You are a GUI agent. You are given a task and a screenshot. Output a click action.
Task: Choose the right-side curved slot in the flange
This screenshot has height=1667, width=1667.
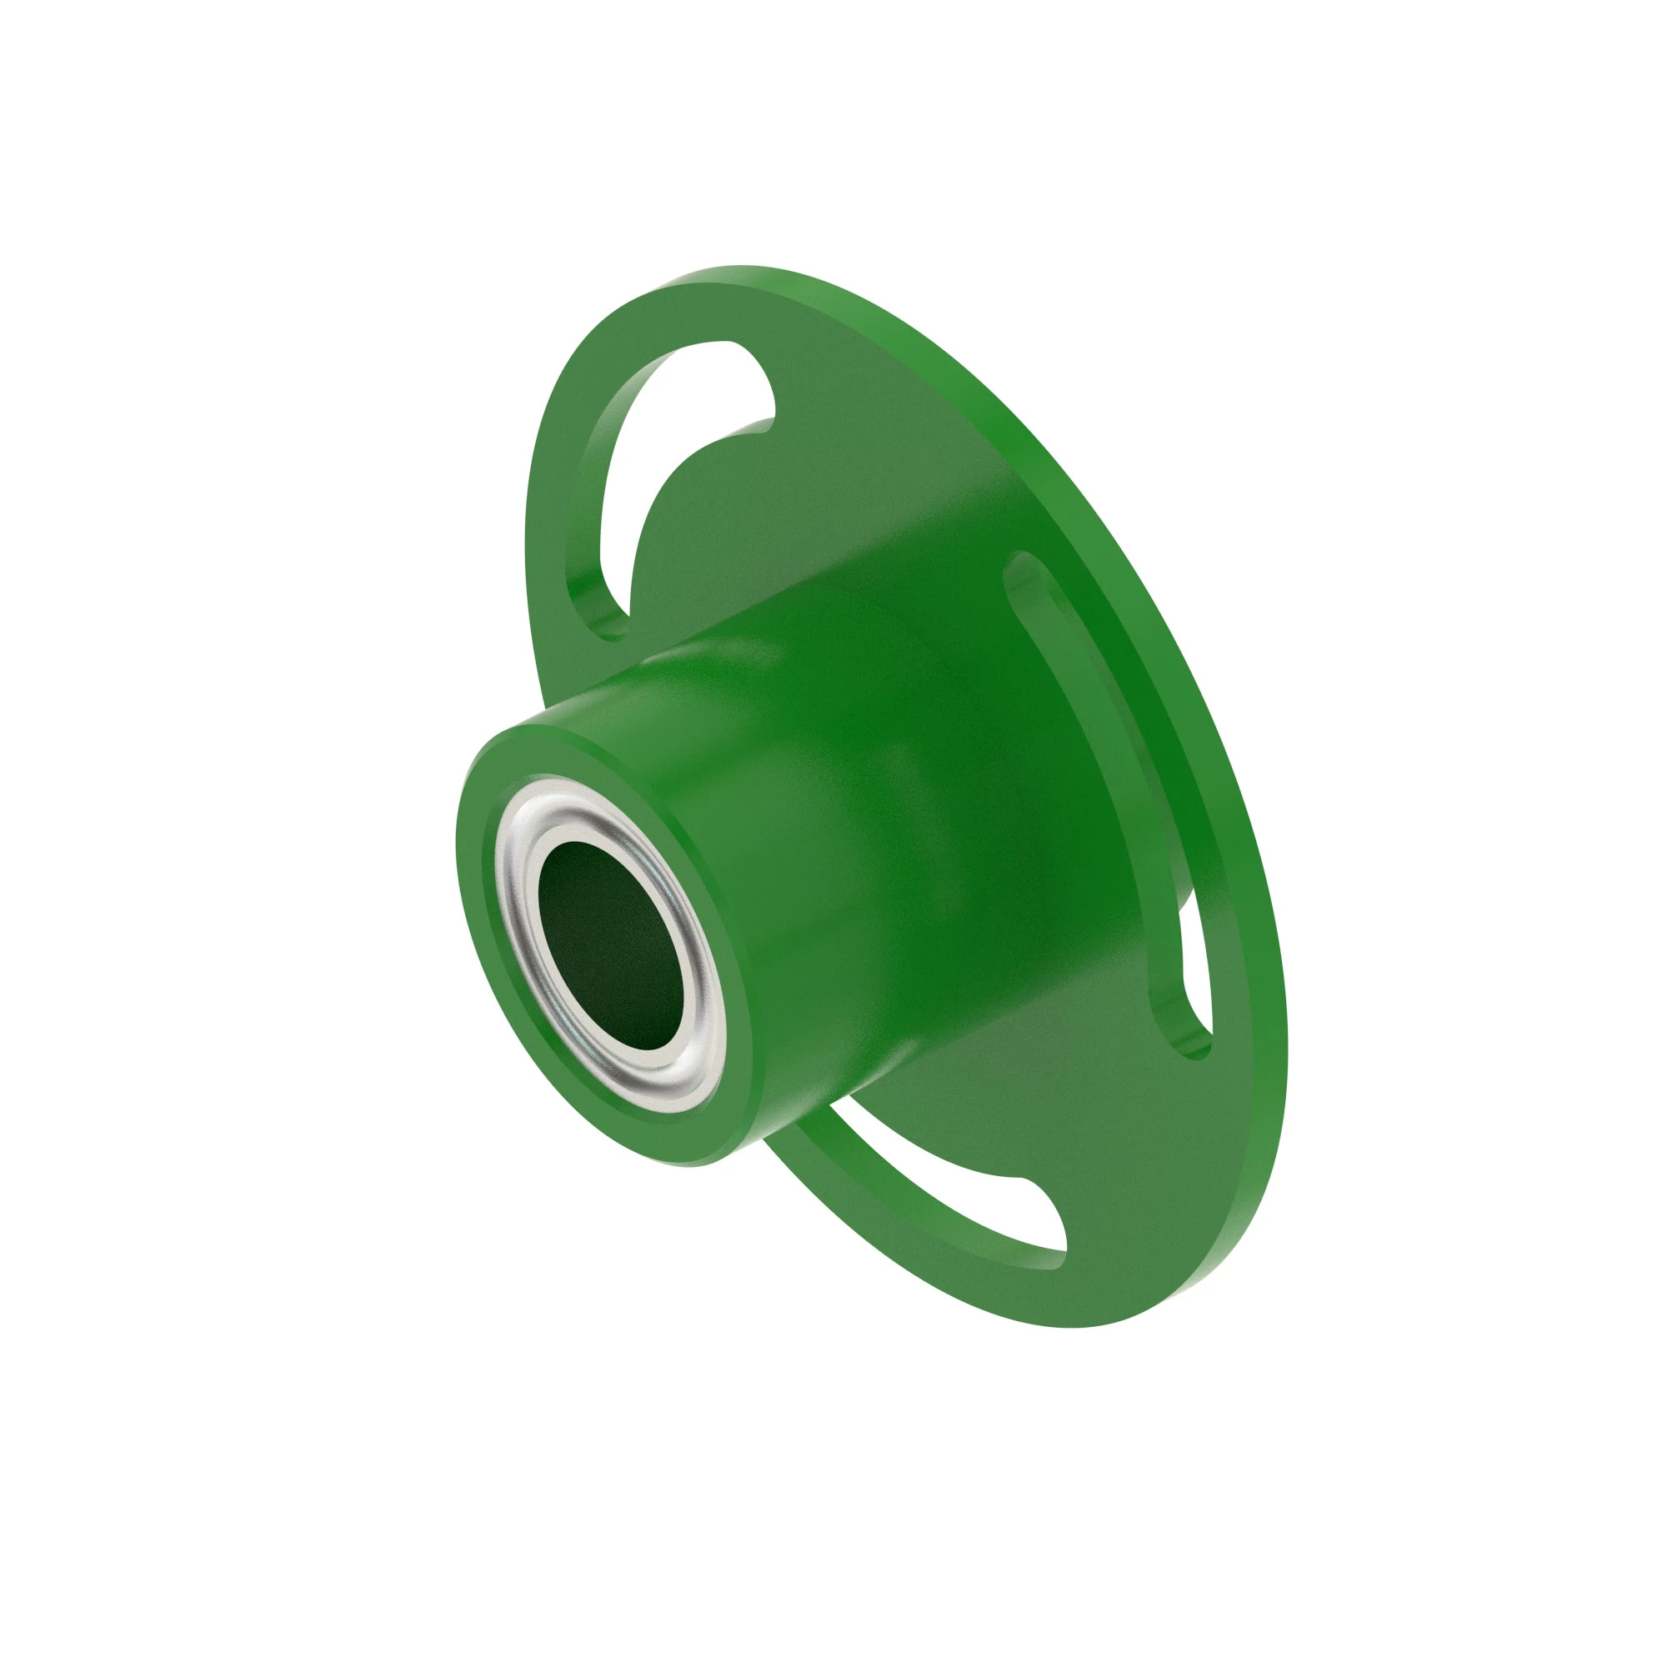1122,777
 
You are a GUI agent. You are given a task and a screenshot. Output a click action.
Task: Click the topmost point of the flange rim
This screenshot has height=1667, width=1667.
742,268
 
